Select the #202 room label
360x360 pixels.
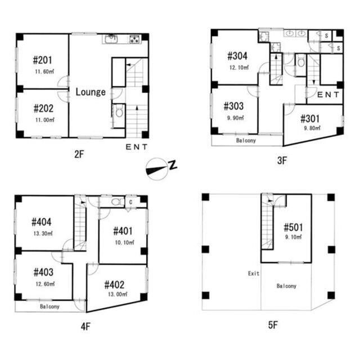(x=43, y=108)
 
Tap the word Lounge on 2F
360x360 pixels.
(x=91, y=92)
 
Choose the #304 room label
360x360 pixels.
(x=238, y=56)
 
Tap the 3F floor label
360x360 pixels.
(x=282, y=160)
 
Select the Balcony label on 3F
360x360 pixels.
(x=247, y=141)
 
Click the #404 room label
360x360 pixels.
(x=42, y=222)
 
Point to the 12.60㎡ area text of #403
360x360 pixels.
(x=43, y=284)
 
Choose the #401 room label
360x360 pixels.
(x=123, y=231)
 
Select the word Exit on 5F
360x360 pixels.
(x=254, y=273)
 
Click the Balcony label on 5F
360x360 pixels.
(x=286, y=286)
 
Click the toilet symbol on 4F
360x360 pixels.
(x=116, y=201)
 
